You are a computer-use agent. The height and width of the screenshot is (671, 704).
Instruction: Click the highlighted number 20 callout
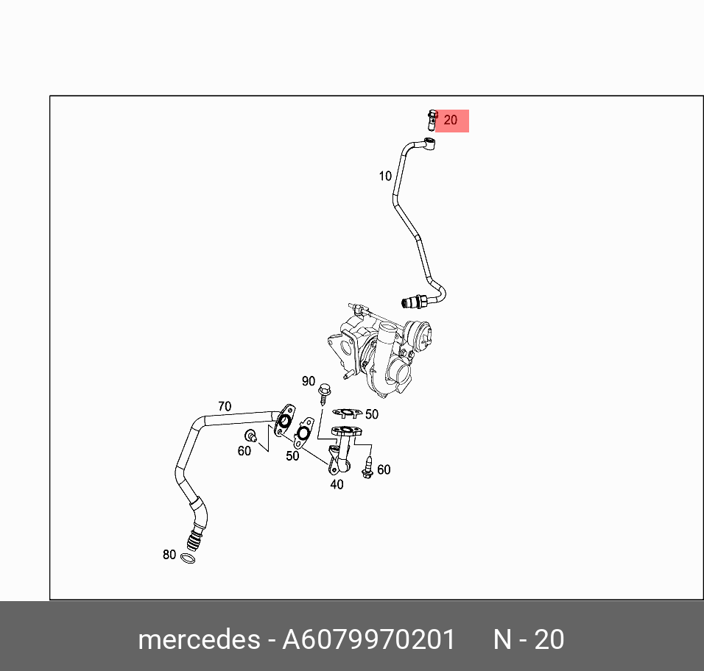pyautogui.click(x=451, y=121)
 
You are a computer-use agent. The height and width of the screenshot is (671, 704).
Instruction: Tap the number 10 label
pyautogui.click(x=385, y=176)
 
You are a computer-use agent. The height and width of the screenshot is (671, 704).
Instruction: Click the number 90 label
pyautogui.click(x=309, y=381)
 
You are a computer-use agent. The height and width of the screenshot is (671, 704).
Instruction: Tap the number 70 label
pyautogui.click(x=224, y=406)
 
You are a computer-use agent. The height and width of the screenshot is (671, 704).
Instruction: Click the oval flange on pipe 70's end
pyautogui.click(x=284, y=420)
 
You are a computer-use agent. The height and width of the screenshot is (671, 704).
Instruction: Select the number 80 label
pyautogui.click(x=169, y=555)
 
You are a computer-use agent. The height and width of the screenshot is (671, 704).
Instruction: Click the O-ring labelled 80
pyautogui.click(x=188, y=559)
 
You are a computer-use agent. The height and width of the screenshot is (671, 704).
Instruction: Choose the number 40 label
pyautogui.click(x=337, y=484)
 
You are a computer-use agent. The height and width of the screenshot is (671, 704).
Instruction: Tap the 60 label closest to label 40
pyautogui.click(x=384, y=469)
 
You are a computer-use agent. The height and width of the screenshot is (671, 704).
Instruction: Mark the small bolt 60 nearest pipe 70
pyautogui.click(x=251, y=435)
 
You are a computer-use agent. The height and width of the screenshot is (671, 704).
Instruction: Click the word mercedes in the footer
pyautogui.click(x=198, y=639)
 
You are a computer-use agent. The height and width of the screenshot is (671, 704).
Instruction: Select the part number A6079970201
pyautogui.click(x=369, y=639)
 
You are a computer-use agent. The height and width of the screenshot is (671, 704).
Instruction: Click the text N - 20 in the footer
pyautogui.click(x=529, y=639)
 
